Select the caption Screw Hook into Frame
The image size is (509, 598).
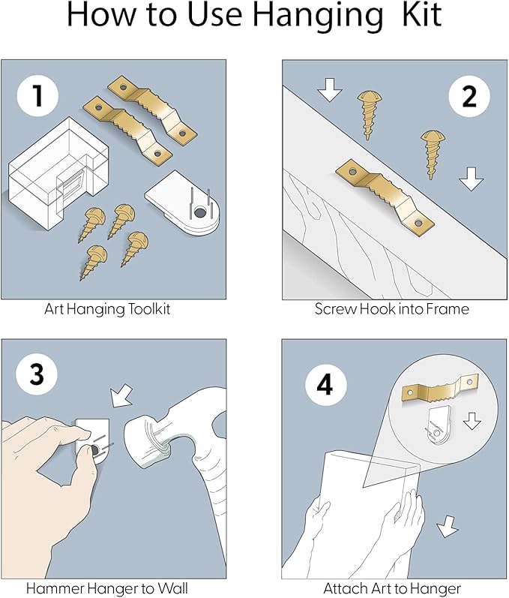(391, 309)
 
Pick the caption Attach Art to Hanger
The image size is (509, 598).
(392, 588)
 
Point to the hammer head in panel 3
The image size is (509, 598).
(158, 452)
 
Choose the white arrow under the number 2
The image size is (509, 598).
(470, 179)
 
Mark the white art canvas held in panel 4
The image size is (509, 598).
(360, 518)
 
